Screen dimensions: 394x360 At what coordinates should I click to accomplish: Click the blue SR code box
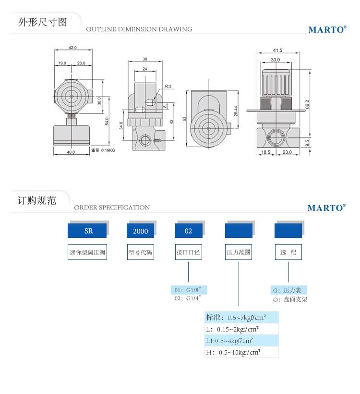[87, 231]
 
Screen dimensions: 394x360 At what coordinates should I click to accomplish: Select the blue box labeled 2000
[140, 231]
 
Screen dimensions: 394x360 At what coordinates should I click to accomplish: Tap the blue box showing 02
[188, 231]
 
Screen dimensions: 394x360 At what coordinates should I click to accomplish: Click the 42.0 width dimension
[72, 48]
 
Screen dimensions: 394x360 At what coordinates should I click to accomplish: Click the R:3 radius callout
[168, 86]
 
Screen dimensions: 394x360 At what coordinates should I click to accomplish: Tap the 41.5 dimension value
[277, 50]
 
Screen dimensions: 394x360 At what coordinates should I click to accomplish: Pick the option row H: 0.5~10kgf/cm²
[241, 352]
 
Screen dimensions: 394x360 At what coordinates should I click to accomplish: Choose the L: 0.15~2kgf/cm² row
[241, 329]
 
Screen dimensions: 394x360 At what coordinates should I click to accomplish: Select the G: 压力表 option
[289, 290]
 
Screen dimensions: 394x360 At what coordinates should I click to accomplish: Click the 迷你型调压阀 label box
[87, 252]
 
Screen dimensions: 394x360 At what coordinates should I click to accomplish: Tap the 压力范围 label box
[239, 252]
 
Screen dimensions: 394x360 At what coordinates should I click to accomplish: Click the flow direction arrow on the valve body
[157, 140]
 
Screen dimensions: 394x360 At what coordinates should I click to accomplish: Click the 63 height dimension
[184, 118]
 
